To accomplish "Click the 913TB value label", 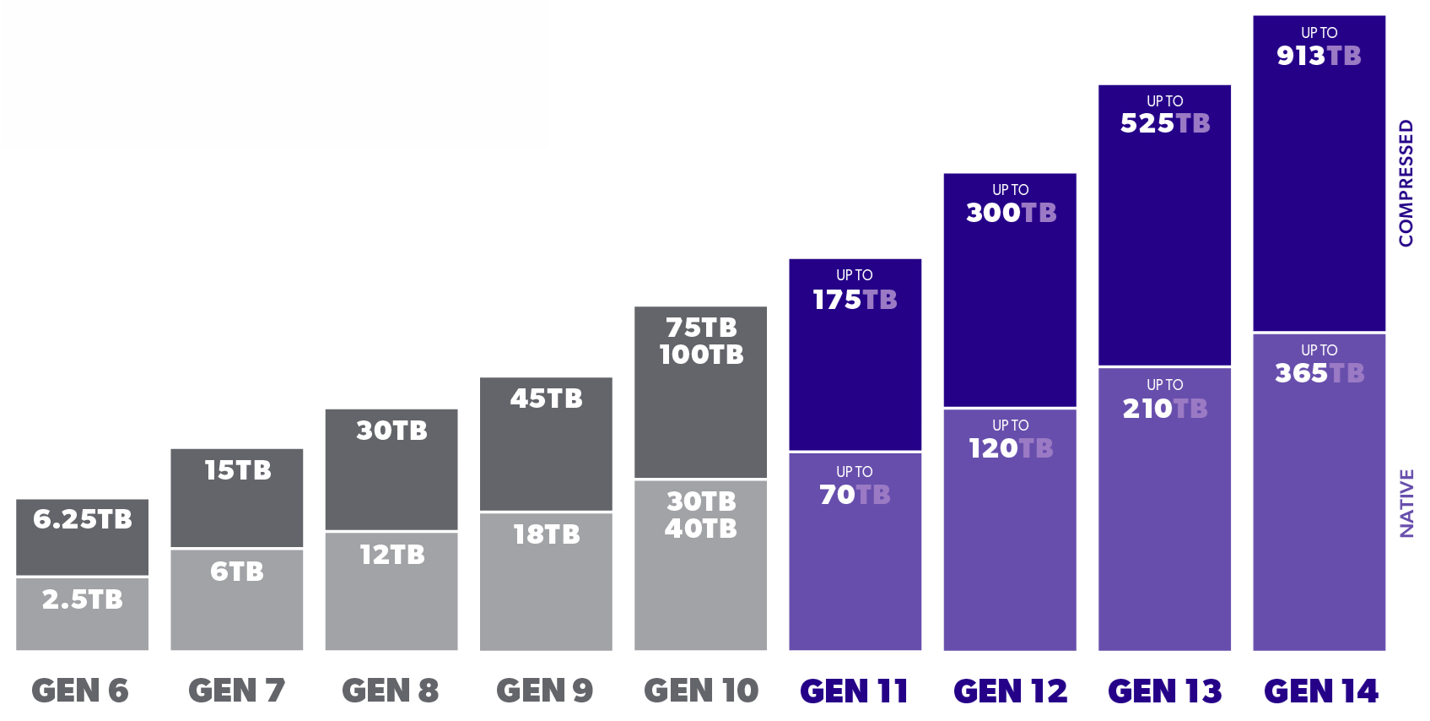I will click(x=1319, y=56).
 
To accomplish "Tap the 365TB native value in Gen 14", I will click(x=1319, y=373).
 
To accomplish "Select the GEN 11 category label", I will click(x=854, y=691).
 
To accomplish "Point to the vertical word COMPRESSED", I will click(x=1406, y=183).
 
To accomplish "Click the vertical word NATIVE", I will click(x=1406, y=503).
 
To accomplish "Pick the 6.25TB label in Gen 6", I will click(x=83, y=519).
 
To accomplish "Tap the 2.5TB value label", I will click(x=83, y=599).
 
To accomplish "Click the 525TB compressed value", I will click(x=1164, y=123).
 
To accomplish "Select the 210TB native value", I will click(x=1164, y=409).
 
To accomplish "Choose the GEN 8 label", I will click(x=391, y=691).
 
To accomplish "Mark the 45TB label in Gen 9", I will click(x=546, y=398).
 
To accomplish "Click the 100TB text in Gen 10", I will click(x=701, y=355).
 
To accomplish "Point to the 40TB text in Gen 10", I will click(x=701, y=529).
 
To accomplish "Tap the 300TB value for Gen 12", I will click(x=1011, y=213).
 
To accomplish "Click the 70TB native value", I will click(x=855, y=495).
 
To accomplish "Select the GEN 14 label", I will click(x=1320, y=691).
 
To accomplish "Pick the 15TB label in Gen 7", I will click(x=237, y=470).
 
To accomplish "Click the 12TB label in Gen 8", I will click(x=391, y=555).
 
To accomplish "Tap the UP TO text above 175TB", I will click(x=855, y=275).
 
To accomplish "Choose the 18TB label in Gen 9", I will click(x=546, y=534).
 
